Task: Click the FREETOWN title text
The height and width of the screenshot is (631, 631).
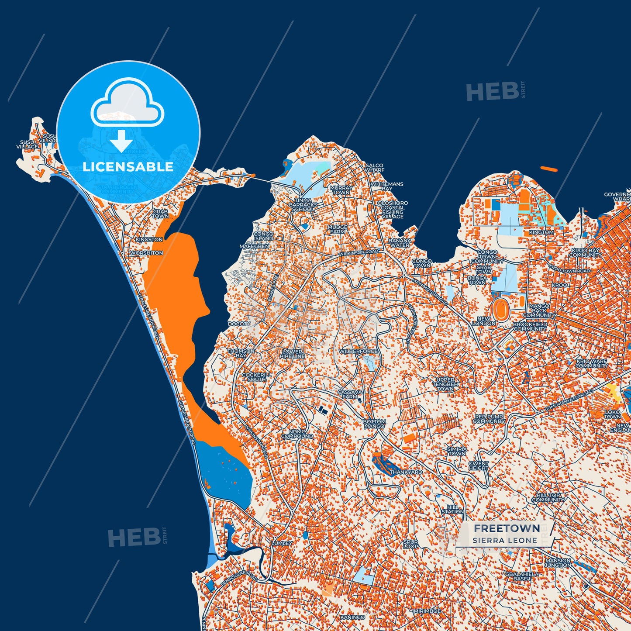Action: coord(507,528)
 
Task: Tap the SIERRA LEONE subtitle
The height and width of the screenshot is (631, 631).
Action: coord(504,541)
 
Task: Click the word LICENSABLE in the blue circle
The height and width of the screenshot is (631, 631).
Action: coord(128,167)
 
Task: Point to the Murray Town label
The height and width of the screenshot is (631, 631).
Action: coord(341,190)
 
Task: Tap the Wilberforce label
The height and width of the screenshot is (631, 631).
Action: coord(359,351)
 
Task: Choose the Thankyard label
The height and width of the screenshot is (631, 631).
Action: coord(406,472)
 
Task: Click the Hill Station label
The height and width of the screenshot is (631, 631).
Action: coord(452,509)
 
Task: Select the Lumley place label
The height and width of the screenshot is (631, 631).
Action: coord(282,543)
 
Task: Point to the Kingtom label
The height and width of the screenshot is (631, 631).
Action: coord(541,232)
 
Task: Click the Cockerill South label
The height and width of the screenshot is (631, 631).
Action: coord(256,377)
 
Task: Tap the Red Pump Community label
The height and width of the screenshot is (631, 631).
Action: coord(489,419)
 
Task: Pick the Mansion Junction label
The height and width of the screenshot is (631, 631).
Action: coord(558,562)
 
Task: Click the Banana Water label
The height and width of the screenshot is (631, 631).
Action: coord(400,243)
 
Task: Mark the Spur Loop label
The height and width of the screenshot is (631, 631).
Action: coord(410,544)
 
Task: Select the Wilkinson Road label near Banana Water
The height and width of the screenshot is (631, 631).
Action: coord(359,252)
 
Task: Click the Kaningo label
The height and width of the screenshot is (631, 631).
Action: coord(352,617)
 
